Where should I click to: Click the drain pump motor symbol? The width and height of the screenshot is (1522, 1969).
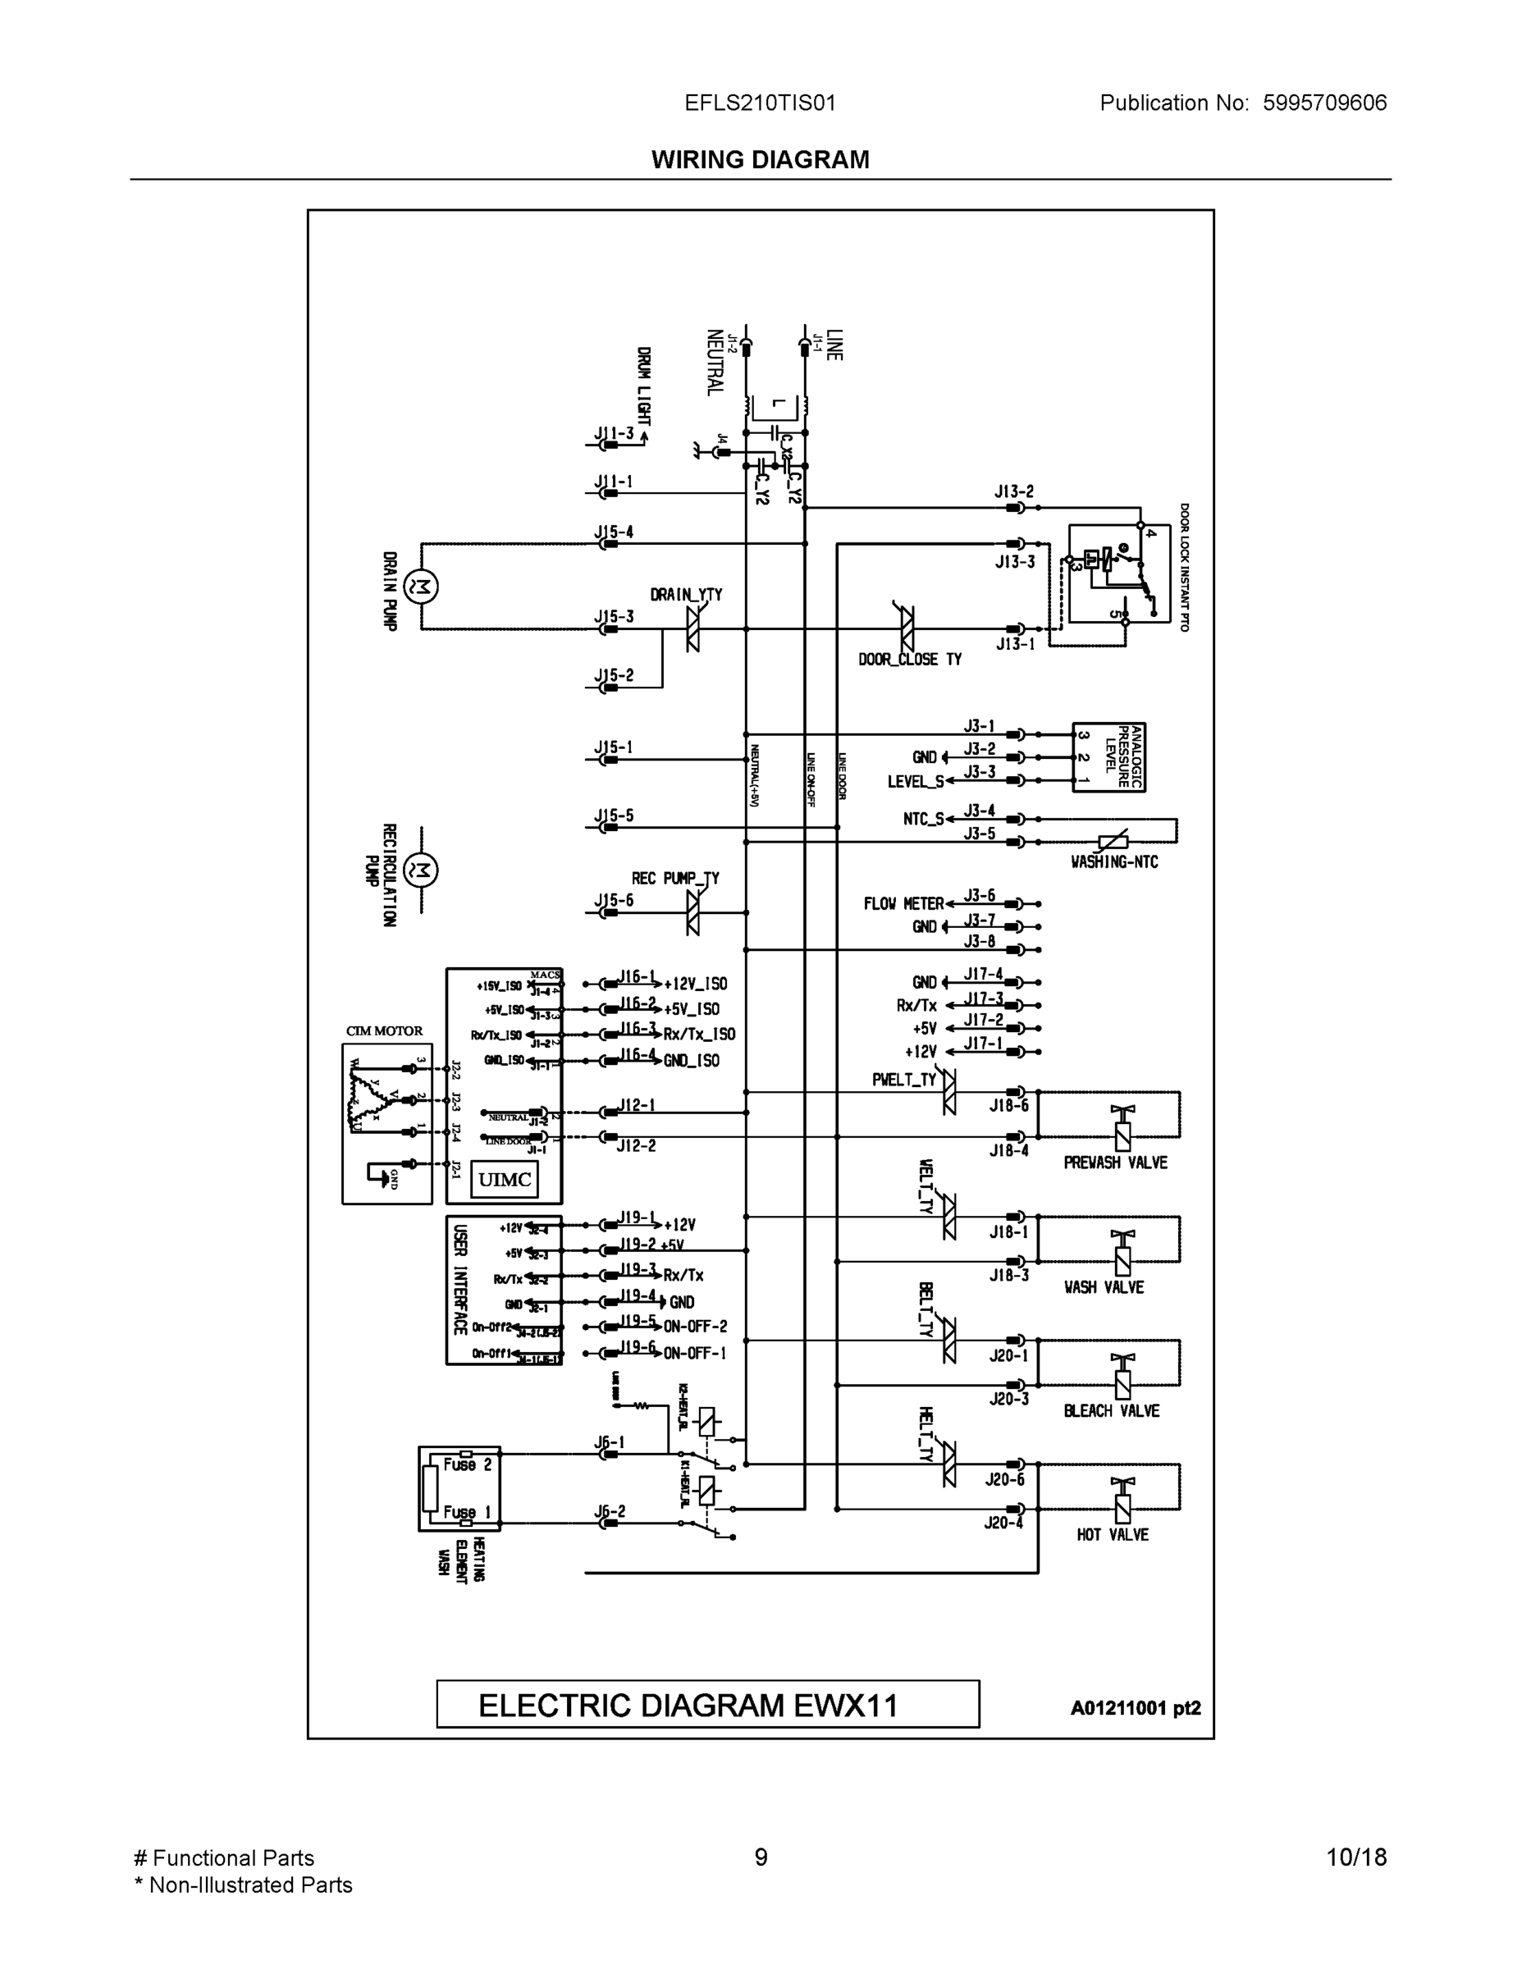point(420,587)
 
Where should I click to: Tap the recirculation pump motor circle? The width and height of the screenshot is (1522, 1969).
point(420,871)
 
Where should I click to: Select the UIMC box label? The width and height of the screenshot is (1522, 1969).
point(504,1179)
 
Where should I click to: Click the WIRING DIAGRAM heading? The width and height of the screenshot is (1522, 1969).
point(760,160)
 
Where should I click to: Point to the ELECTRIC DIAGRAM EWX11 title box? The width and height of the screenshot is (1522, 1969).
point(707,1705)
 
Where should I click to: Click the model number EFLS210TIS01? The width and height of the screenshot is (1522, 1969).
point(760,103)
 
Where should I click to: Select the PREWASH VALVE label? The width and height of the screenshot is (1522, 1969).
point(1114,1163)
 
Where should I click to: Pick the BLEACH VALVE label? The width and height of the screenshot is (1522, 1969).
point(1111,1411)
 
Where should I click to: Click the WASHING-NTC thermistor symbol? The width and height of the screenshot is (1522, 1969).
point(1113,842)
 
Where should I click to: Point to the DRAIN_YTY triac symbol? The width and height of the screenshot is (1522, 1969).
point(692,628)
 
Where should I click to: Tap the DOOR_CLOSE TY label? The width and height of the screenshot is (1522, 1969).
point(909,660)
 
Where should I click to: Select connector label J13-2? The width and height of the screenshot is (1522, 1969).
point(1013,492)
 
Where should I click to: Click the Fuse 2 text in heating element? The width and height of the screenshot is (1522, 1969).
point(467,1465)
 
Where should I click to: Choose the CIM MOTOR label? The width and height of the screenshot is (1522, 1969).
point(384,1031)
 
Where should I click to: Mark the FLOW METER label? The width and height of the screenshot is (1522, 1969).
point(903,903)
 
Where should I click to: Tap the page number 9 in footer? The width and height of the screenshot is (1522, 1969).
point(760,1857)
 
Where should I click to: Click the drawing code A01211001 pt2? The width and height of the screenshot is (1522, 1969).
point(1136,1708)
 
